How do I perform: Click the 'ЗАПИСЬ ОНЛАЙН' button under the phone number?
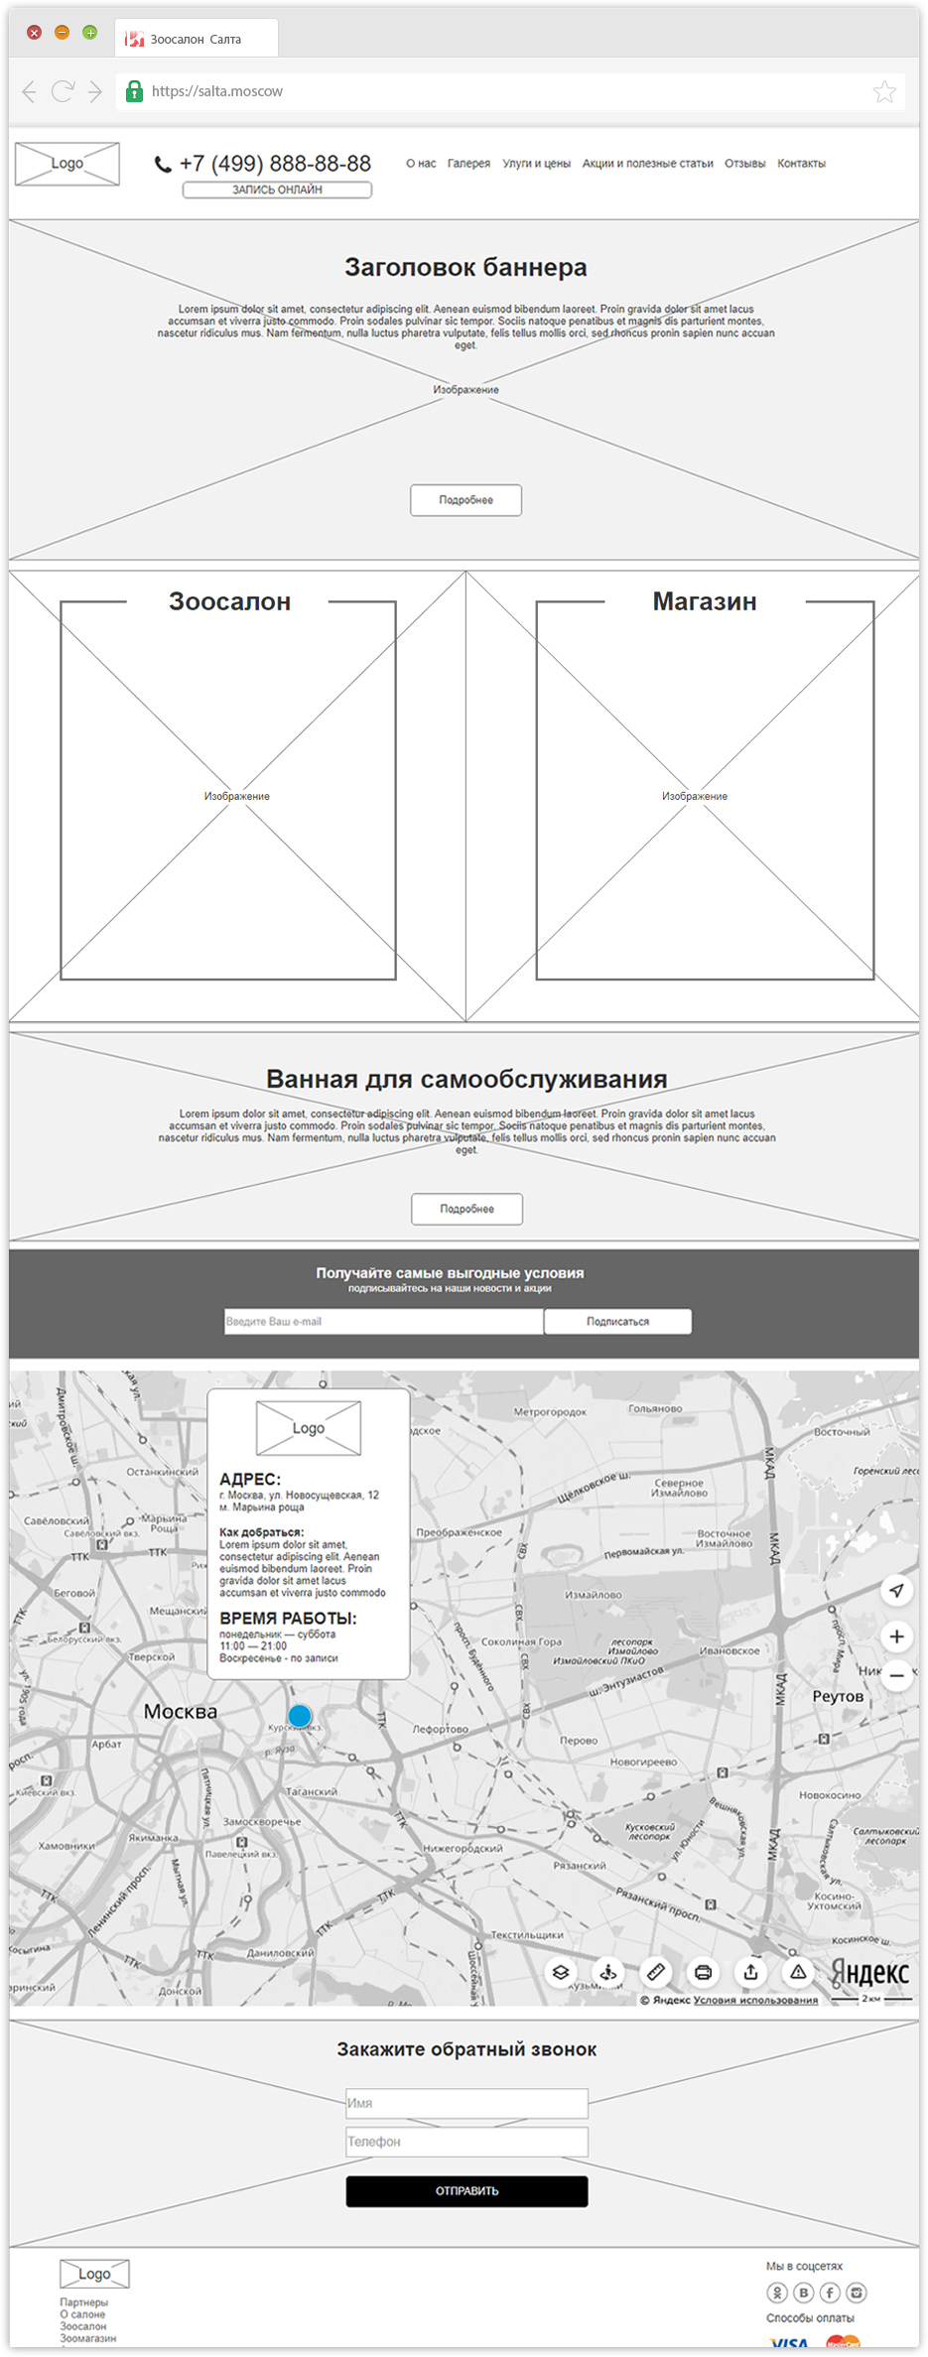click(x=277, y=190)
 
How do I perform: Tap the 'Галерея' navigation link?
click(x=468, y=164)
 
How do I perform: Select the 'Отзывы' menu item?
click(x=744, y=164)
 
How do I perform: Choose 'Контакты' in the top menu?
click(x=801, y=164)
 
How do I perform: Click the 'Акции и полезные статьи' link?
click(x=647, y=164)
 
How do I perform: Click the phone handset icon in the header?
click(x=163, y=165)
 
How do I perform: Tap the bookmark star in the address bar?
click(x=884, y=92)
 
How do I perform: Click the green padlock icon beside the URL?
click(x=134, y=92)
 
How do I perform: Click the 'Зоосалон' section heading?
click(x=229, y=601)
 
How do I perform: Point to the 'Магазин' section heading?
click(x=705, y=601)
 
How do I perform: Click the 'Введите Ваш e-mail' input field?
click(x=383, y=1321)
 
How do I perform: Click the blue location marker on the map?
click(x=300, y=1715)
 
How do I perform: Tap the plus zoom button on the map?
click(x=896, y=1636)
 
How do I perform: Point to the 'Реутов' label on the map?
click(x=838, y=1696)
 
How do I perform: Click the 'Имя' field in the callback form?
click(x=466, y=2102)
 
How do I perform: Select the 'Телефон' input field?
click(x=466, y=2141)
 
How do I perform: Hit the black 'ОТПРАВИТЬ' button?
click(x=466, y=2190)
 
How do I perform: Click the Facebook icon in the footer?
click(x=830, y=2292)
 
